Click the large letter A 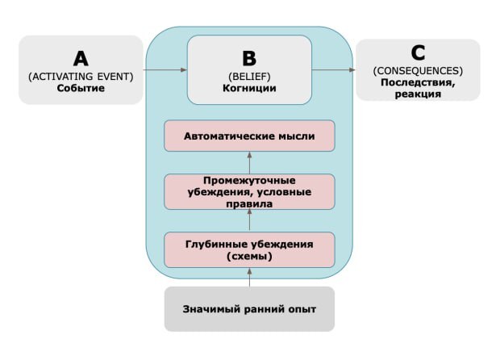tap(81, 59)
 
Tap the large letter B tap(249, 59)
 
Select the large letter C tap(418, 53)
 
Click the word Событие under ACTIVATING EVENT tap(81, 88)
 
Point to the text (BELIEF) tap(249, 77)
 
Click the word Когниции tap(249, 88)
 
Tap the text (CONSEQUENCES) tap(418, 70)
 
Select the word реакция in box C tap(418, 94)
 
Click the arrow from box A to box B tap(165, 69)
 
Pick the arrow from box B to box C tap(334, 69)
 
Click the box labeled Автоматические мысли tap(249, 136)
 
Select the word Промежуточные tap(249, 181)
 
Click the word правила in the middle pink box tap(249, 203)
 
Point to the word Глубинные tap(215, 244)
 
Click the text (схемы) tap(249, 256)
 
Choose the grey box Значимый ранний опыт tap(249, 309)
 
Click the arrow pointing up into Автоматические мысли tap(249, 163)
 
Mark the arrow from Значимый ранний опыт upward tap(249, 278)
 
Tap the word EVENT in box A tap(115, 77)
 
